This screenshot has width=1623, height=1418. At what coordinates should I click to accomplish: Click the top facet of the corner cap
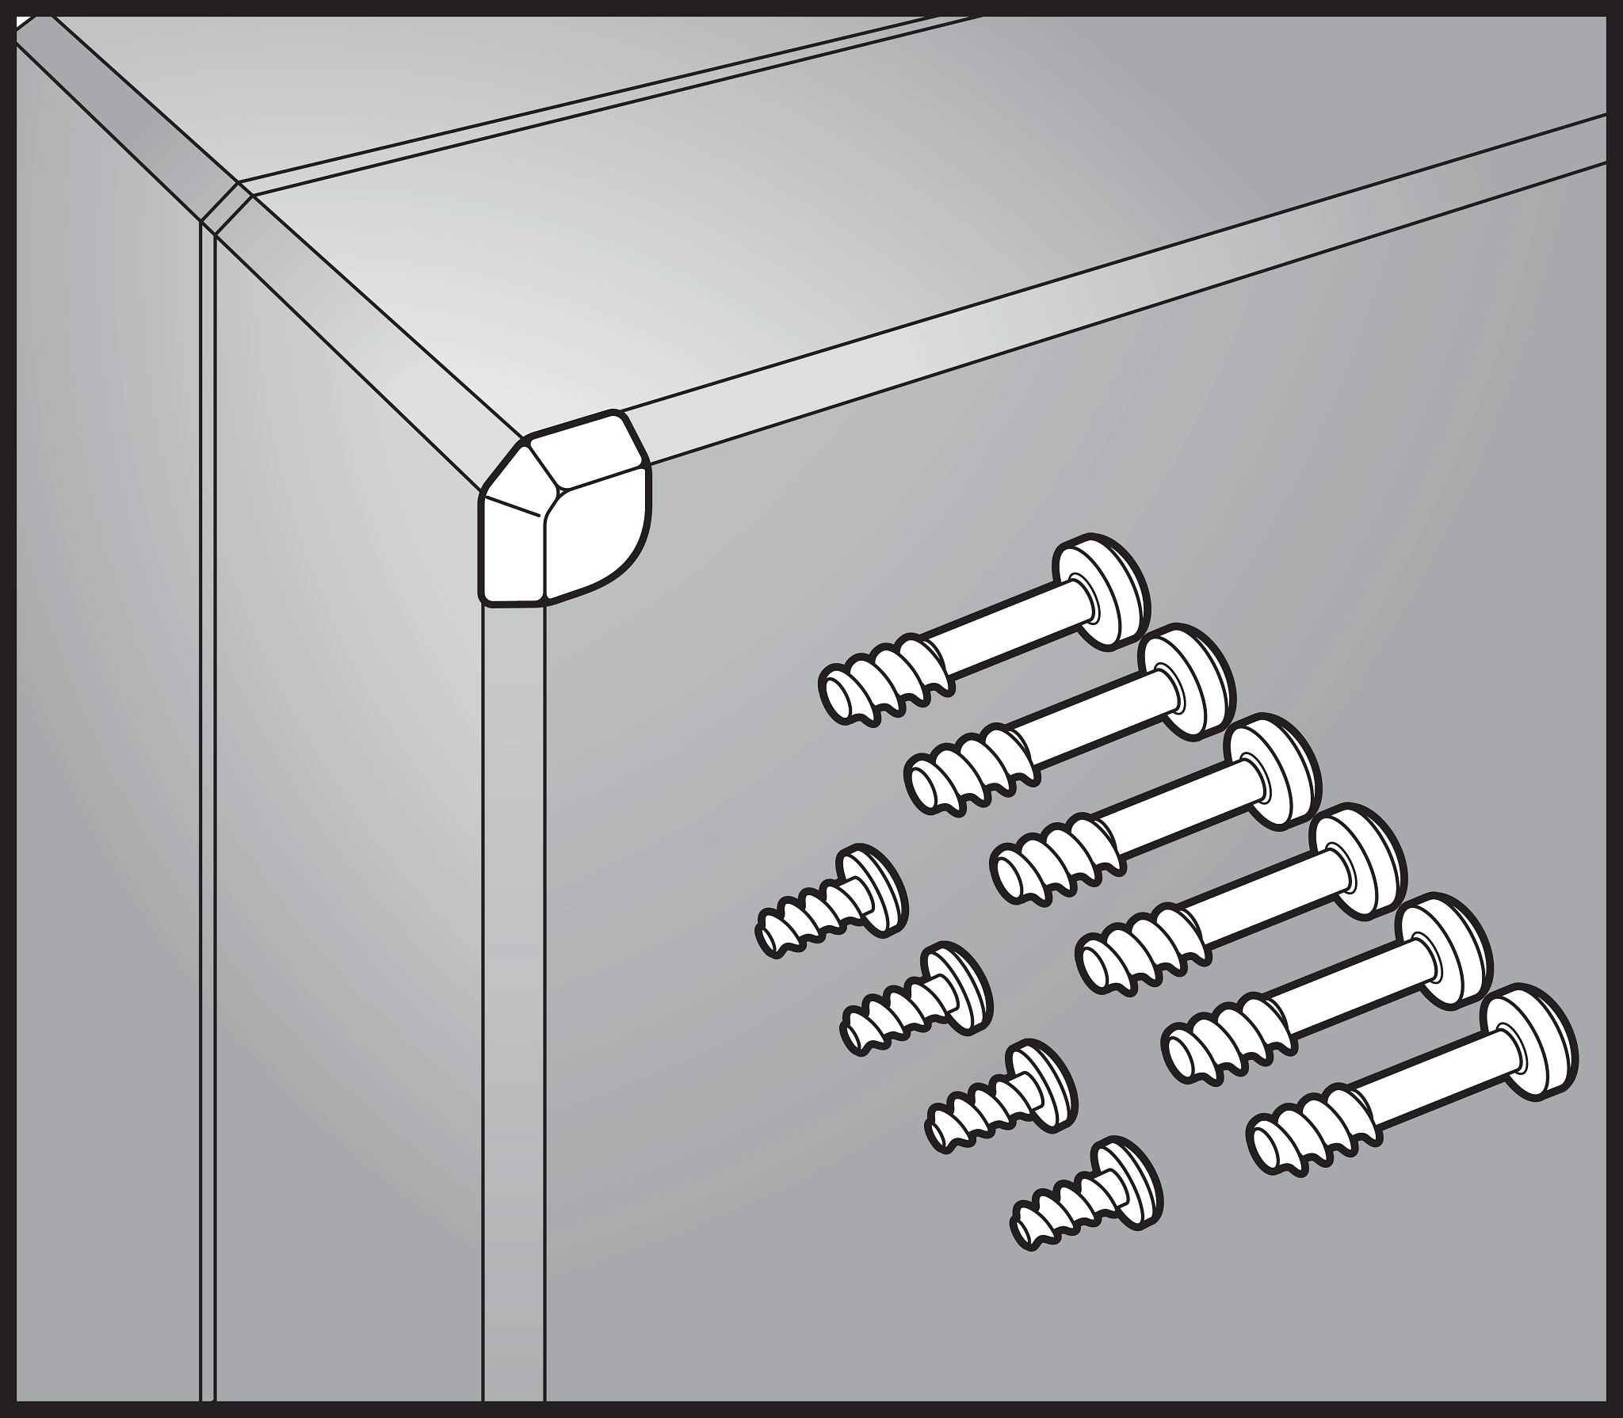click(582, 459)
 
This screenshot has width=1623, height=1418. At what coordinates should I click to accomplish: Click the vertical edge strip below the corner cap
click(514, 951)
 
